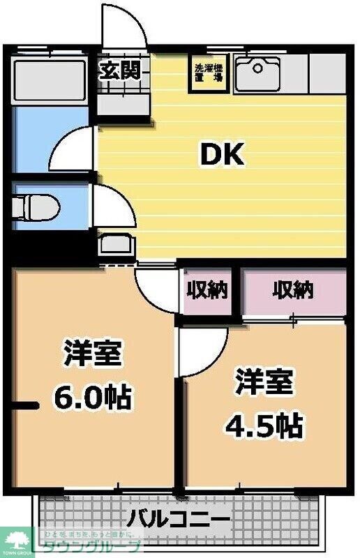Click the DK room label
pyautogui.click(x=223, y=155)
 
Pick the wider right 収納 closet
pyautogui.click(x=293, y=289)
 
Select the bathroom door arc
pyautogui.click(x=72, y=148)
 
